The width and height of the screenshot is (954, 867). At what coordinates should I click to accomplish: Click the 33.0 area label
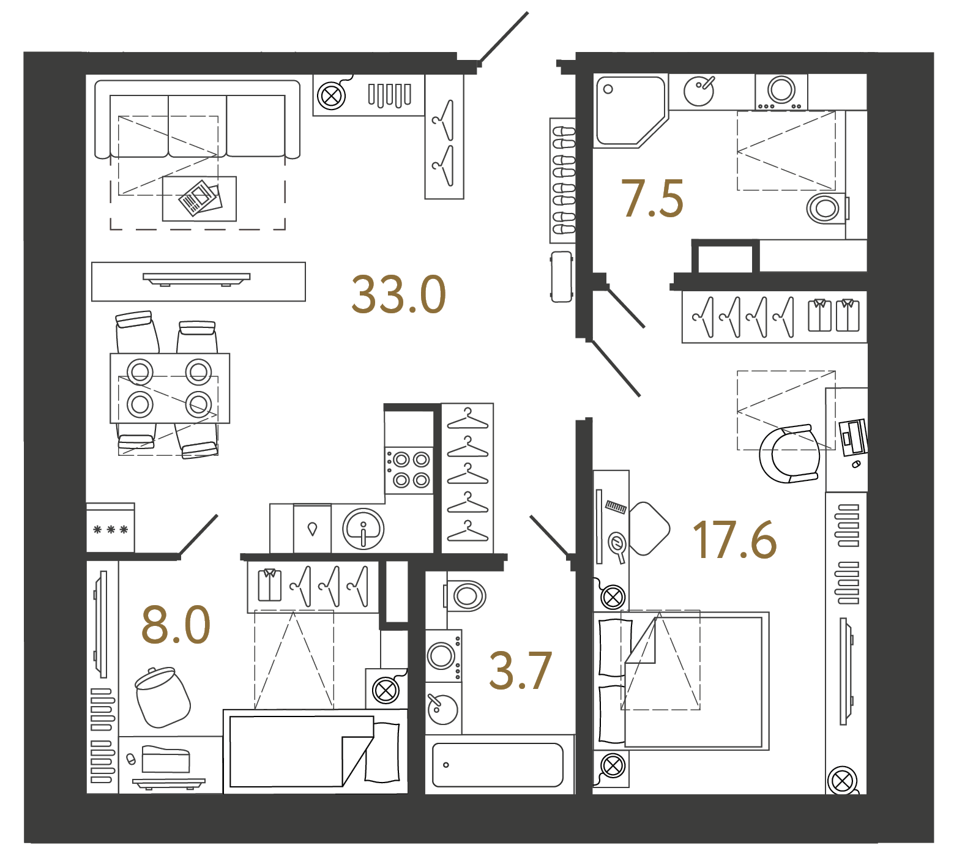398,295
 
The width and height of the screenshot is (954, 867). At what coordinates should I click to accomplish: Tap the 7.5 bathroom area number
652,199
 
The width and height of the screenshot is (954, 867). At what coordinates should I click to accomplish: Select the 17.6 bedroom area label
735,540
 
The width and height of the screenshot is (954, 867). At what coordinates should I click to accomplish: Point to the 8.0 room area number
176,625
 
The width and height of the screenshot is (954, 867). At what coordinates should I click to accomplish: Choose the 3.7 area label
521,671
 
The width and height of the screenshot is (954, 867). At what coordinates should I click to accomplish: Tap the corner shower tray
630,111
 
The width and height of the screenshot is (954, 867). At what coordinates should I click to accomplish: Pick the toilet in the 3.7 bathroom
464,595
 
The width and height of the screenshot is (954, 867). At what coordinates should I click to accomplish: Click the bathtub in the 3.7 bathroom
497,765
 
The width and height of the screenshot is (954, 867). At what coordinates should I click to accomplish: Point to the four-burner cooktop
408,469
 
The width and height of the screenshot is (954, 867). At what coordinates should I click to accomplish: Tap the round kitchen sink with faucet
363,529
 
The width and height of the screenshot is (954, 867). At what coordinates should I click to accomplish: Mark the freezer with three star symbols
110,527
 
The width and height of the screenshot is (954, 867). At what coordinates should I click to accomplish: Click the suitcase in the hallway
562,277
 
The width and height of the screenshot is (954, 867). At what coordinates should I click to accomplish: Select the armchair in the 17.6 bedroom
789,454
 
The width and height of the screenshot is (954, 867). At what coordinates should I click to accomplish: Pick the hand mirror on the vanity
617,546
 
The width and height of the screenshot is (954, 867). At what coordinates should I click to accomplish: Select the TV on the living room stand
196,279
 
